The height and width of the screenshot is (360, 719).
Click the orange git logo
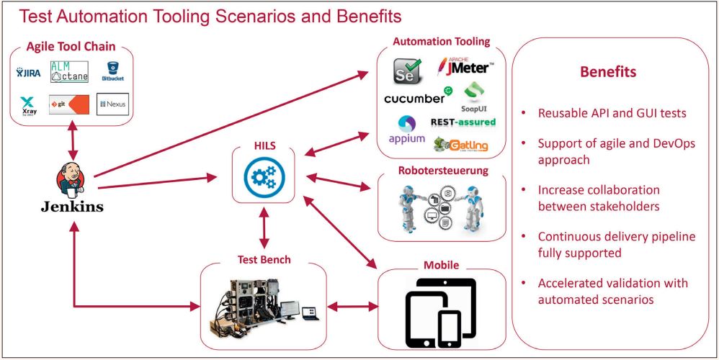pyautogui.click(x=69, y=105)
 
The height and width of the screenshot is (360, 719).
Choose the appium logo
pyautogui.click(x=406, y=130)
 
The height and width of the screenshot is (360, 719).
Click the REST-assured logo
pyautogui.click(x=463, y=122)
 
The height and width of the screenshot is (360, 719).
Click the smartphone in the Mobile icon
pyautogui.click(x=449, y=326)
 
